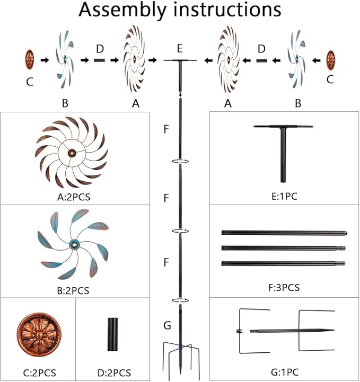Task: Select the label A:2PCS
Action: click(x=74, y=197)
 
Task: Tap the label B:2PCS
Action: click(x=73, y=290)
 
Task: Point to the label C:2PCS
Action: click(x=39, y=373)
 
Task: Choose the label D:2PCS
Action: click(x=114, y=373)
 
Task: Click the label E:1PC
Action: click(x=284, y=196)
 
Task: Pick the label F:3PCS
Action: click(x=284, y=288)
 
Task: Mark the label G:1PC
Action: click(x=285, y=372)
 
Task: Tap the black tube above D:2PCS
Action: click(x=112, y=334)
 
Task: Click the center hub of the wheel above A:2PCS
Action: click(x=72, y=153)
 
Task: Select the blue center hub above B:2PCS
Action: click(x=74, y=245)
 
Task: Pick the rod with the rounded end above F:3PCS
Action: click(x=284, y=233)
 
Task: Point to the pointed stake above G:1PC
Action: click(x=292, y=331)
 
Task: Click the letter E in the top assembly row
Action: click(x=180, y=49)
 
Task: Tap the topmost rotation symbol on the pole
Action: click(x=180, y=161)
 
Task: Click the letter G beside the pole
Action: click(x=167, y=325)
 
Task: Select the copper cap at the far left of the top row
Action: click(x=30, y=59)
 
